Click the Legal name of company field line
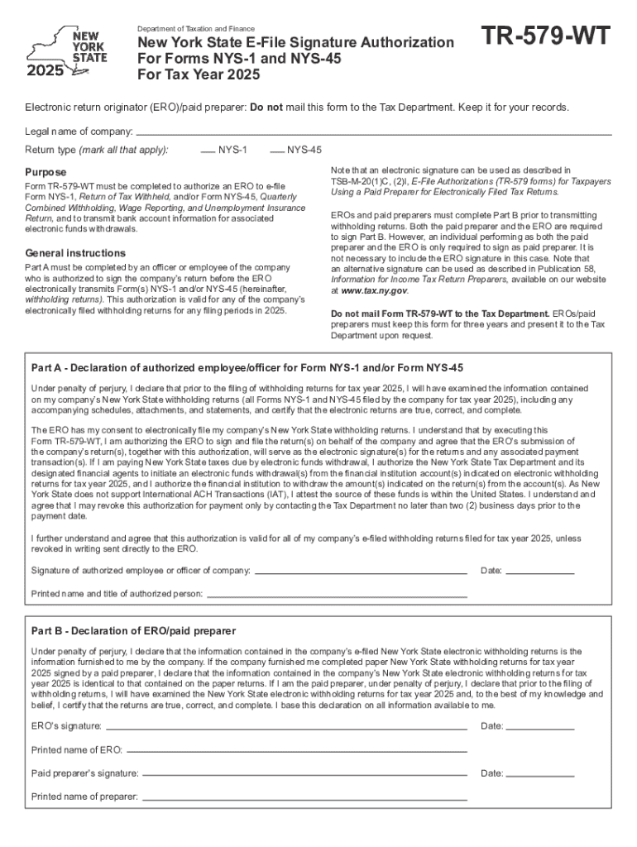[373, 134]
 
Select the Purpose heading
[45, 173]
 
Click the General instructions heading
[75, 253]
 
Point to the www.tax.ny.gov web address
[369, 291]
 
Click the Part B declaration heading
[133, 631]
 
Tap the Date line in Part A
[539, 572]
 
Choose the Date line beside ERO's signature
[539, 728]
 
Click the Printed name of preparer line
[304, 799]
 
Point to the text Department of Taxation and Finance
[195, 29]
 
